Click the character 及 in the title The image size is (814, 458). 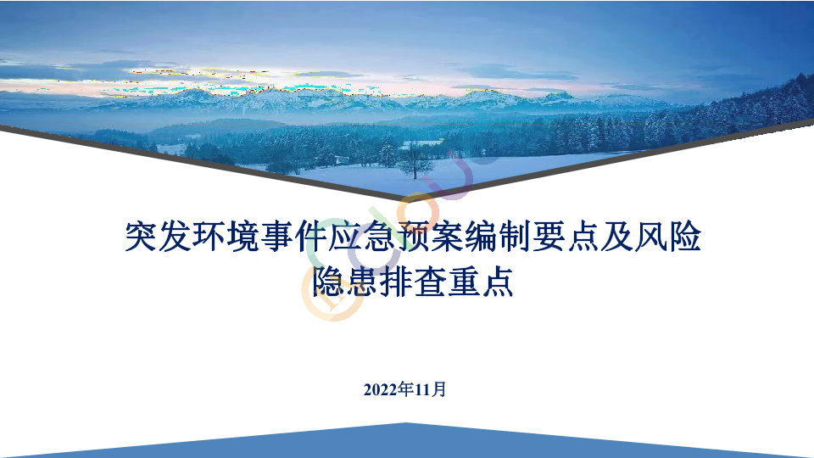(x=616, y=237)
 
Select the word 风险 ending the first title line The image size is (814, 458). (x=668, y=237)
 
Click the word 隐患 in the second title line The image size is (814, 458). (x=345, y=282)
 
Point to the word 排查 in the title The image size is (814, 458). (x=413, y=282)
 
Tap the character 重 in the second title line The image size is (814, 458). (x=464, y=282)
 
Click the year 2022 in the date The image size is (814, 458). (x=381, y=389)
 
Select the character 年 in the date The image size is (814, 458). (x=406, y=389)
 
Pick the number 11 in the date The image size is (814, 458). (x=422, y=389)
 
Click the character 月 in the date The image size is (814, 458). (x=438, y=389)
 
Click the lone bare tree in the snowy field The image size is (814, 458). (x=415, y=161)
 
